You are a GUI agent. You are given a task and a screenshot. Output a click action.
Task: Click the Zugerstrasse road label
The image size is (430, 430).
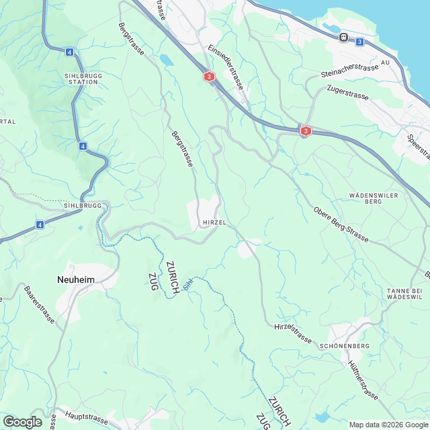[x=347, y=92]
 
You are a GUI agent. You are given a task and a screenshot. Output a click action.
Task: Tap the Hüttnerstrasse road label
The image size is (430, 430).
[x=363, y=380]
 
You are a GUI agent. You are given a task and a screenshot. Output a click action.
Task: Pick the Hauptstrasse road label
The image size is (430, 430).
[x=87, y=419]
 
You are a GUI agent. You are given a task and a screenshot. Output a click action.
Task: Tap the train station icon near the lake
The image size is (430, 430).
[x=343, y=38]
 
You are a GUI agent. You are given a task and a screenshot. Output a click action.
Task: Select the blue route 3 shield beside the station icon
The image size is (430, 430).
[x=359, y=42]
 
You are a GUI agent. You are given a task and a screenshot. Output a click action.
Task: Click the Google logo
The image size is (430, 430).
[x=22, y=421]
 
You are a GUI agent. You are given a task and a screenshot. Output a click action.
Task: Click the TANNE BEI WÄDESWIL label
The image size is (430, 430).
[x=404, y=293]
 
